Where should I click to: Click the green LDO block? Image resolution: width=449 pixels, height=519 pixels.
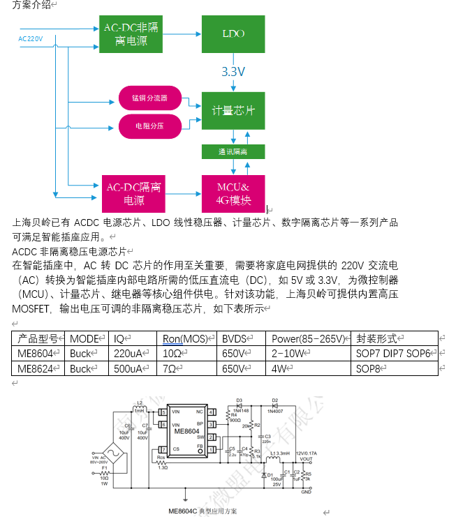click(x=233, y=33)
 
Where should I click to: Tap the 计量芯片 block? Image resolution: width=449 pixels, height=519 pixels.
click(x=233, y=110)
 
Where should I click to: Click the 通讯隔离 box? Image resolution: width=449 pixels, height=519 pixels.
click(x=233, y=151)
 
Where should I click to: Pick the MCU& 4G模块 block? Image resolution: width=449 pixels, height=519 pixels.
click(x=233, y=193)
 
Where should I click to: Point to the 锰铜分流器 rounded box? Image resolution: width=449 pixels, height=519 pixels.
click(x=149, y=98)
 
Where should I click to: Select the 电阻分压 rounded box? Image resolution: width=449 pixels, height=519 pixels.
click(x=149, y=126)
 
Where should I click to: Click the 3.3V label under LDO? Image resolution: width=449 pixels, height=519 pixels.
click(x=233, y=72)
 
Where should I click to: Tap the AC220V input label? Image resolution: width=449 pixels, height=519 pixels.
click(x=31, y=39)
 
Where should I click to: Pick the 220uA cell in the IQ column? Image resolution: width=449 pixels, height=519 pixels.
click(x=129, y=354)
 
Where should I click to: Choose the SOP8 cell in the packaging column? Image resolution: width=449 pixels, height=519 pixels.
click(x=369, y=368)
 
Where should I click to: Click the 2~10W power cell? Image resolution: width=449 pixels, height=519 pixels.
click(x=290, y=354)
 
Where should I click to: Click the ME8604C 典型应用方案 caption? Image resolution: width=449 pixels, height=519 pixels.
click(x=203, y=511)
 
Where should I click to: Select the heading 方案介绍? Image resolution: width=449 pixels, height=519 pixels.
click(x=31, y=5)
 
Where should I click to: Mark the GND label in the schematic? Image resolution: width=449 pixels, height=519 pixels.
click(x=306, y=492)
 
